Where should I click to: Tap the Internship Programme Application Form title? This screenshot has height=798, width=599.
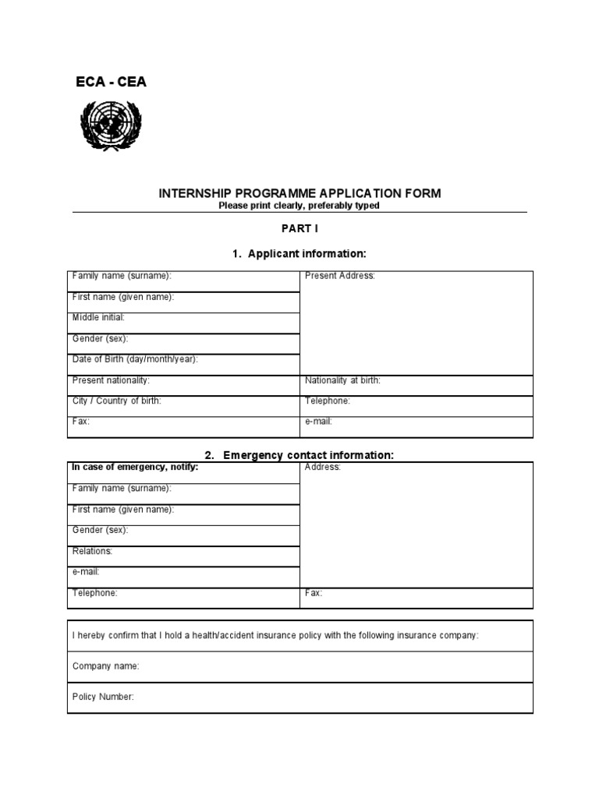click(x=299, y=192)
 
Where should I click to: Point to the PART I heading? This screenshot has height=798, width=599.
click(x=299, y=229)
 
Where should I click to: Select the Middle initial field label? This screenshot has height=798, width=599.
click(x=98, y=317)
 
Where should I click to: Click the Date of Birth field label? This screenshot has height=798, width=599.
click(x=135, y=359)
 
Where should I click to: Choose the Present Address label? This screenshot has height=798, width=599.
click(x=340, y=276)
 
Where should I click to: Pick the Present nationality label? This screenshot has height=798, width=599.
click(x=111, y=380)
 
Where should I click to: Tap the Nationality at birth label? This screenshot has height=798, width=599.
click(x=342, y=380)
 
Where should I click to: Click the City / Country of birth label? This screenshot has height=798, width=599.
click(x=117, y=401)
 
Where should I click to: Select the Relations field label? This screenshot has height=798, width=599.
click(x=93, y=551)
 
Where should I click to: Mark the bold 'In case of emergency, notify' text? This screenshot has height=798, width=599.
click(x=135, y=467)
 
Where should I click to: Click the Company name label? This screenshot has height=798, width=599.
click(x=106, y=666)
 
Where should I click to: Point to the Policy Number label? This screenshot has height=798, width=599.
click(x=103, y=697)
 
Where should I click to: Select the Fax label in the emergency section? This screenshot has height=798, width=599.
click(x=314, y=593)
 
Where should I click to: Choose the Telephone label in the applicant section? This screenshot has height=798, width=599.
click(x=328, y=401)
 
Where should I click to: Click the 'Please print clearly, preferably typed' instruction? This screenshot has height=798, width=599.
click(x=299, y=206)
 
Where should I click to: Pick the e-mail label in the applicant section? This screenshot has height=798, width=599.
click(x=319, y=422)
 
